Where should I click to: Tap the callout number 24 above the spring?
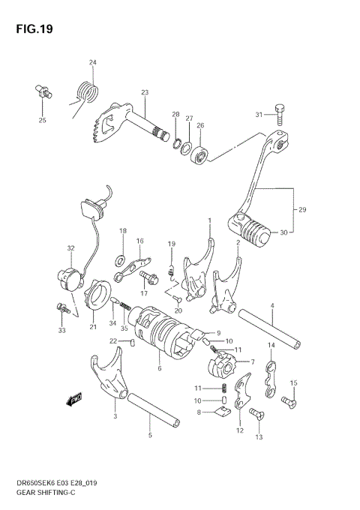click(x=92, y=62)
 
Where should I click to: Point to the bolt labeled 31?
click(x=280, y=115)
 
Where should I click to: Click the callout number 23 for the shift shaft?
click(x=144, y=92)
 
